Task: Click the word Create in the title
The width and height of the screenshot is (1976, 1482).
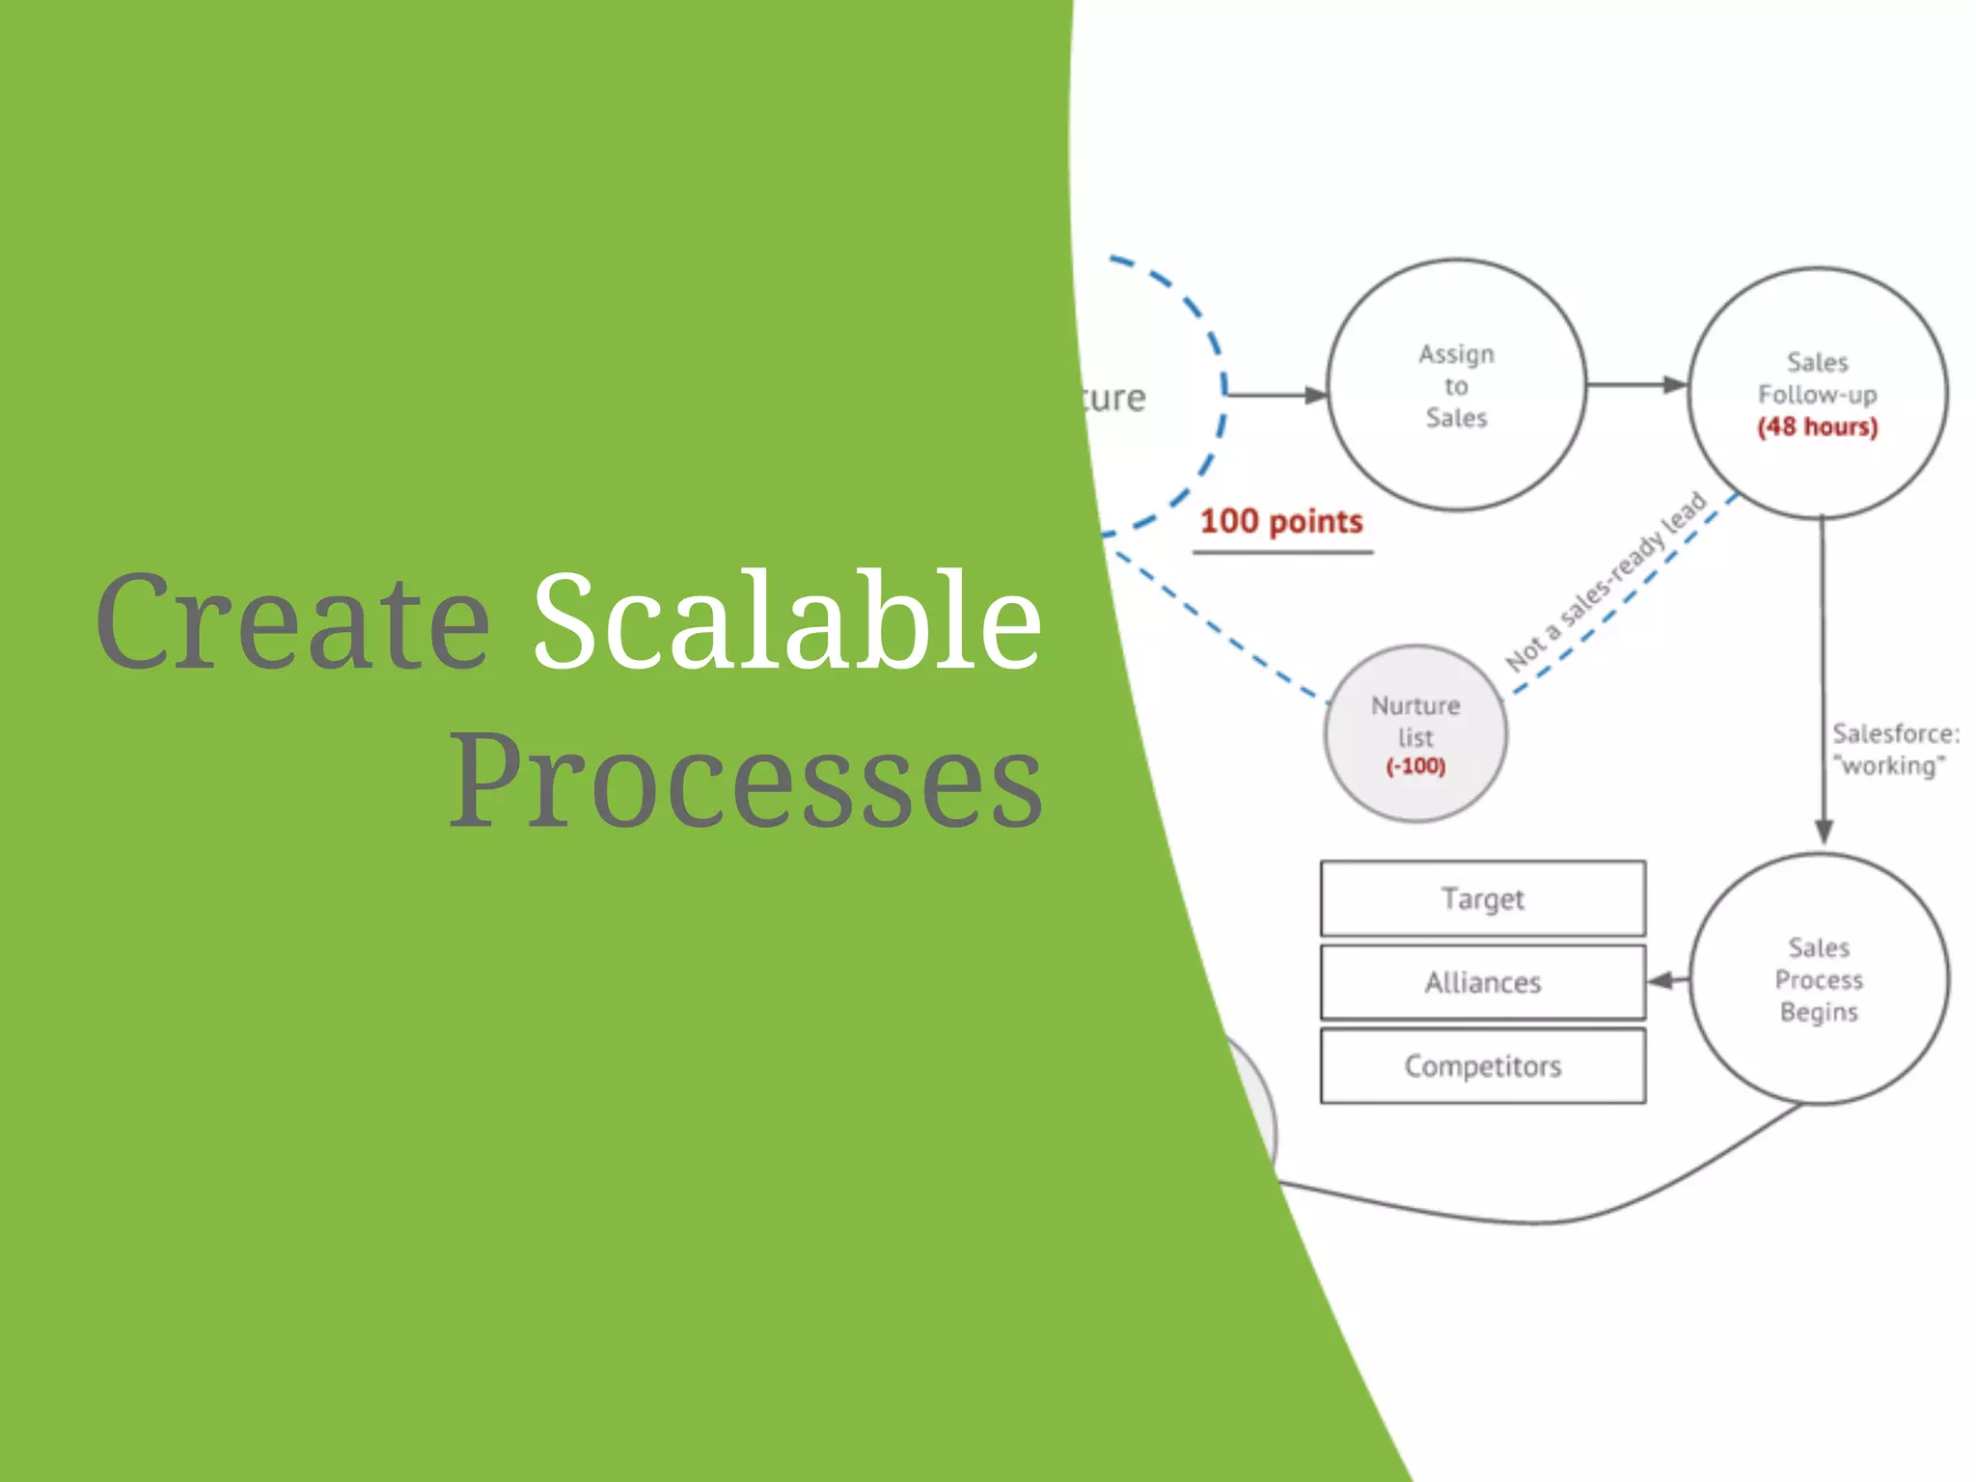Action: pyautogui.click(x=292, y=622)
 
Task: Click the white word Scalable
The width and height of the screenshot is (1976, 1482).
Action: pyautogui.click(x=786, y=622)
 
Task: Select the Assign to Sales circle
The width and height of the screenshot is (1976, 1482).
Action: pyautogui.click(x=1456, y=385)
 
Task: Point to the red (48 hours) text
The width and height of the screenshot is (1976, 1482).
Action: pyautogui.click(x=1818, y=426)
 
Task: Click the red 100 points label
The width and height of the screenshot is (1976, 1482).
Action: pyautogui.click(x=1280, y=522)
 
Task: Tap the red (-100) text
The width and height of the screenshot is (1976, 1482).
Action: pyautogui.click(x=1415, y=767)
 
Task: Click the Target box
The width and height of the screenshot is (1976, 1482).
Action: pyautogui.click(x=1482, y=898)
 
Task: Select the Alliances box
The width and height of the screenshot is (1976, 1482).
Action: pyautogui.click(x=1482, y=982)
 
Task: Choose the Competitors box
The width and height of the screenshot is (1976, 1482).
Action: pyautogui.click(x=1482, y=1066)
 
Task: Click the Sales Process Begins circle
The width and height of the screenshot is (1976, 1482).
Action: pyautogui.click(x=1819, y=979)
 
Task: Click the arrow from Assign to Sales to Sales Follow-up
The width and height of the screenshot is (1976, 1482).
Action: pyautogui.click(x=1635, y=385)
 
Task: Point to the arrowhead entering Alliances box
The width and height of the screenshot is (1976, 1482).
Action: pyautogui.click(x=1660, y=981)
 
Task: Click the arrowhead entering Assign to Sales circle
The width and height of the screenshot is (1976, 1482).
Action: pyautogui.click(x=1314, y=395)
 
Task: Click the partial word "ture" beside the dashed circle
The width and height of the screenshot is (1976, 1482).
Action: pyautogui.click(x=1114, y=398)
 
